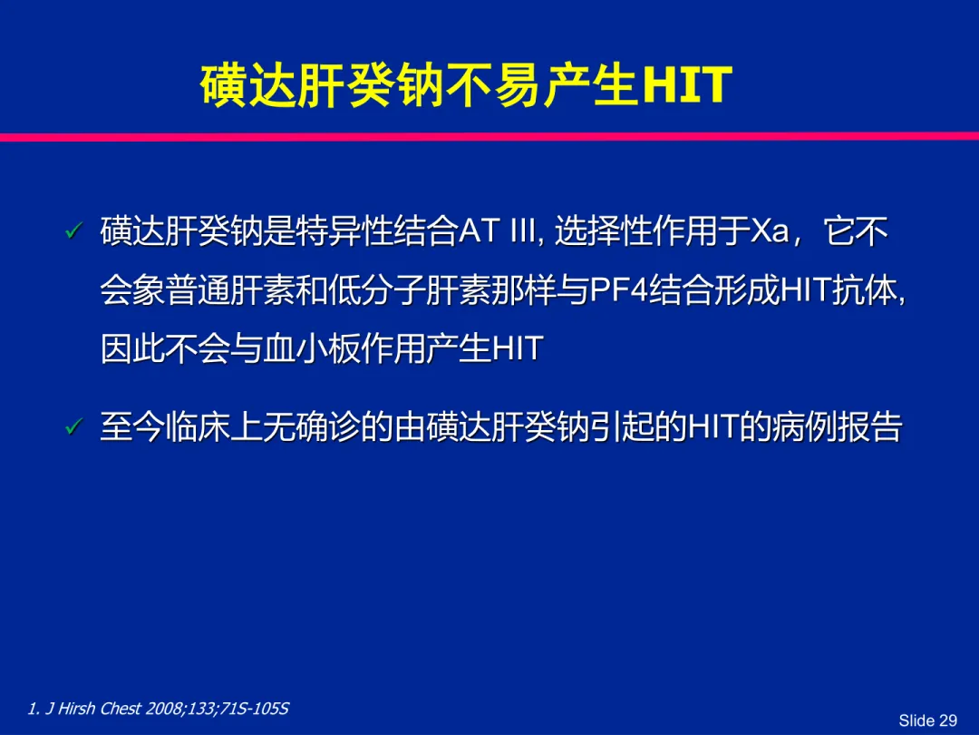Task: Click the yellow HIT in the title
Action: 687,85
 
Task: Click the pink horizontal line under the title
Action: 489,137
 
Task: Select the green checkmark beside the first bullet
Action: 73,230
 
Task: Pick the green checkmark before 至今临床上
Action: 73,426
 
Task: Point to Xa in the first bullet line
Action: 770,232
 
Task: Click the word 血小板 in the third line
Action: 311,348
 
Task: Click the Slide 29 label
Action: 928,720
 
